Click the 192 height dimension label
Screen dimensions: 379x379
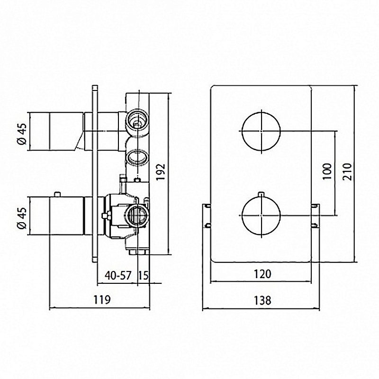(x=161, y=172)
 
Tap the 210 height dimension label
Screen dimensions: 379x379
(x=347, y=171)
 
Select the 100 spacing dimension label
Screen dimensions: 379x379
(x=327, y=171)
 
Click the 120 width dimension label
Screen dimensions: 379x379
(x=262, y=274)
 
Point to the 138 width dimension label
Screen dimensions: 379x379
(x=262, y=300)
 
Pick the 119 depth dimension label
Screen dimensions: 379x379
(x=102, y=300)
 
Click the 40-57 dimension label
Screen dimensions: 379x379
(x=118, y=275)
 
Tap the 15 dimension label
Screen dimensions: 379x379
(x=144, y=275)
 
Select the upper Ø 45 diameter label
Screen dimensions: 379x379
(x=22, y=134)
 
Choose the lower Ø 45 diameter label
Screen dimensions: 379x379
(x=22, y=218)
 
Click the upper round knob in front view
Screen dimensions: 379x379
(x=262, y=131)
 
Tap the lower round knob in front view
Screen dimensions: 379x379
(x=262, y=216)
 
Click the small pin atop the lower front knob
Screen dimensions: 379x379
(x=262, y=195)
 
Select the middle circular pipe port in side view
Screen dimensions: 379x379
(x=137, y=158)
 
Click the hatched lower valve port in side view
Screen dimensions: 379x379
(x=137, y=215)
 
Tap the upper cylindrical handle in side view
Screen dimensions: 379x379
(x=57, y=131)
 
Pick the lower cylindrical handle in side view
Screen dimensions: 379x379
(x=57, y=216)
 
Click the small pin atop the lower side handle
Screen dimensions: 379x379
(x=57, y=195)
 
